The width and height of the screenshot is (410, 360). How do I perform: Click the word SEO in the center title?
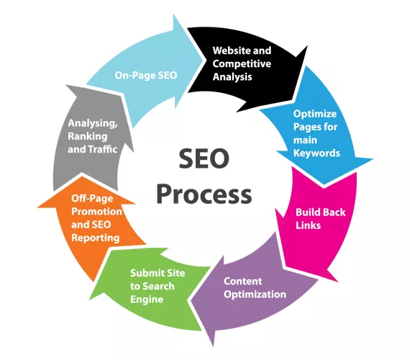click(x=204, y=158)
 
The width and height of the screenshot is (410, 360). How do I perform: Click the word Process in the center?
click(x=204, y=194)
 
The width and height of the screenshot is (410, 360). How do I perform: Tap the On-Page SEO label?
click(x=146, y=75)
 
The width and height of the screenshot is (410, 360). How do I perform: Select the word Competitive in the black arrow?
click(x=242, y=64)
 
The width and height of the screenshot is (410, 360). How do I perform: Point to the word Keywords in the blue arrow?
click(x=316, y=153)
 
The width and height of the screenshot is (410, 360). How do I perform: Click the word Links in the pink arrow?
click(x=309, y=225)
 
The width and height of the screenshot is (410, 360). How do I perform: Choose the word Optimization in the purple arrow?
click(x=255, y=294)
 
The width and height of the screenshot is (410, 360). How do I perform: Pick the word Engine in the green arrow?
click(x=147, y=300)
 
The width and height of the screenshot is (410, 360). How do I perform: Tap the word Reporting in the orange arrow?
click(x=96, y=238)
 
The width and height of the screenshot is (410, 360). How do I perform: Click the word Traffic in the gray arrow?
click(x=103, y=149)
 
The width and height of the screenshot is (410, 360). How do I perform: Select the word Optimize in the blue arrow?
click(x=315, y=114)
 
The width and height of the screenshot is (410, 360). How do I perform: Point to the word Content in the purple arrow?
click(x=242, y=282)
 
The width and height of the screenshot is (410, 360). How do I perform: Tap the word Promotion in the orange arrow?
click(x=97, y=212)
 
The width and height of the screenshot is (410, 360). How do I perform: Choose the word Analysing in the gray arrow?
click(x=93, y=124)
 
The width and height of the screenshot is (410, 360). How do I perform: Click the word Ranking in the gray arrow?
click(x=88, y=137)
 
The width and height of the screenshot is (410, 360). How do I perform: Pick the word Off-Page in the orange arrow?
click(x=92, y=199)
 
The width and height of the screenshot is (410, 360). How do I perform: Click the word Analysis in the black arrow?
click(x=232, y=77)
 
